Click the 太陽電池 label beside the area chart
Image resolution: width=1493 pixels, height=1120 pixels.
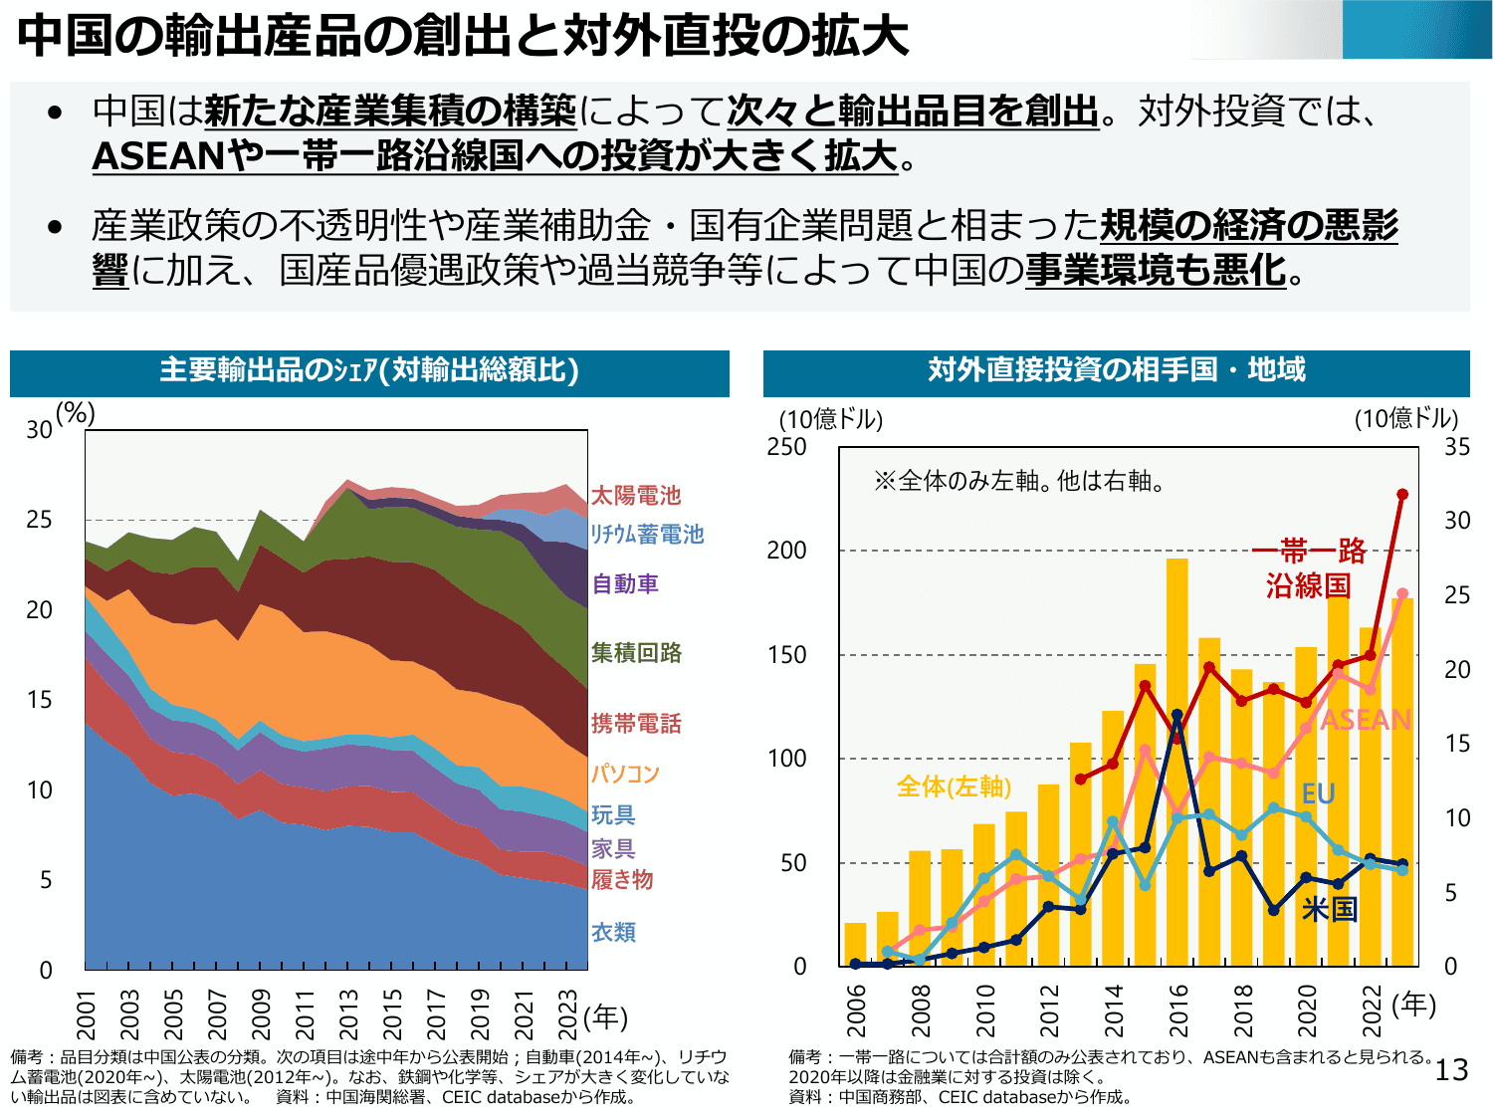636,495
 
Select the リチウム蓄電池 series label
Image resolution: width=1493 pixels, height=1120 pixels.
647,534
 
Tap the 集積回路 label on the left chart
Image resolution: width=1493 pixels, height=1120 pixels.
636,652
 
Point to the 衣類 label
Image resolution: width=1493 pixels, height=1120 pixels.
613,932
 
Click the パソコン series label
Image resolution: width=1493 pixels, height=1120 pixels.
625,773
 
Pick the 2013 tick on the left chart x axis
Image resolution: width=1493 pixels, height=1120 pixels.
348,1013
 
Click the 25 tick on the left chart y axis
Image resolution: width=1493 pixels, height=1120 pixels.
39,520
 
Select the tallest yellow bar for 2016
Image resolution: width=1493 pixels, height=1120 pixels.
1176,762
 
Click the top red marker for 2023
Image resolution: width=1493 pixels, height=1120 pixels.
1402,494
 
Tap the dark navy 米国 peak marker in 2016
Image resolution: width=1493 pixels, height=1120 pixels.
1176,715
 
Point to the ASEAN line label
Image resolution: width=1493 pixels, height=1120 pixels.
1366,719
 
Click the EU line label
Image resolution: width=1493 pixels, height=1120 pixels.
1318,793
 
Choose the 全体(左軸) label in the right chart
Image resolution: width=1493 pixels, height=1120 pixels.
954,786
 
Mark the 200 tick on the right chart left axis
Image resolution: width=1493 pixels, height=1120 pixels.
786,551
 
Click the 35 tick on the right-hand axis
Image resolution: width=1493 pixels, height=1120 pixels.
1457,447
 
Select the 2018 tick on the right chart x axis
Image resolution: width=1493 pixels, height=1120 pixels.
1242,1009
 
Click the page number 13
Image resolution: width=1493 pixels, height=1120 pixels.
1451,1070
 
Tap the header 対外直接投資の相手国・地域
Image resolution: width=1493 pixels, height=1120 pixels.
1116,370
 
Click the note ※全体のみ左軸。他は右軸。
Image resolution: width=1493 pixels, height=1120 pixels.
1019,482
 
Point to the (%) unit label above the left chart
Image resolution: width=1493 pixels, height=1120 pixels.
75,412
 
